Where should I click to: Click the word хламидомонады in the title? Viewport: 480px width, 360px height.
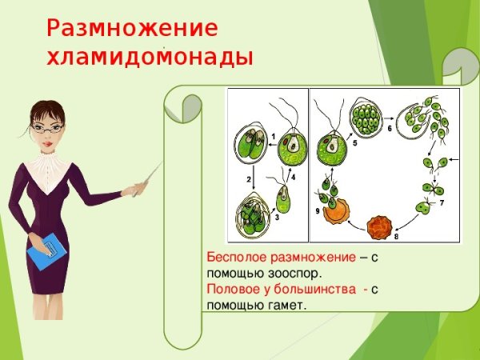[x=150, y=58]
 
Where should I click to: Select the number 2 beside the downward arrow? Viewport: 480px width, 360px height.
[x=248, y=178]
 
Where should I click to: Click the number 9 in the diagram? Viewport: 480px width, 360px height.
[x=318, y=211]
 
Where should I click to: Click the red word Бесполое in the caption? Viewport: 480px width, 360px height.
[x=230, y=258]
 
